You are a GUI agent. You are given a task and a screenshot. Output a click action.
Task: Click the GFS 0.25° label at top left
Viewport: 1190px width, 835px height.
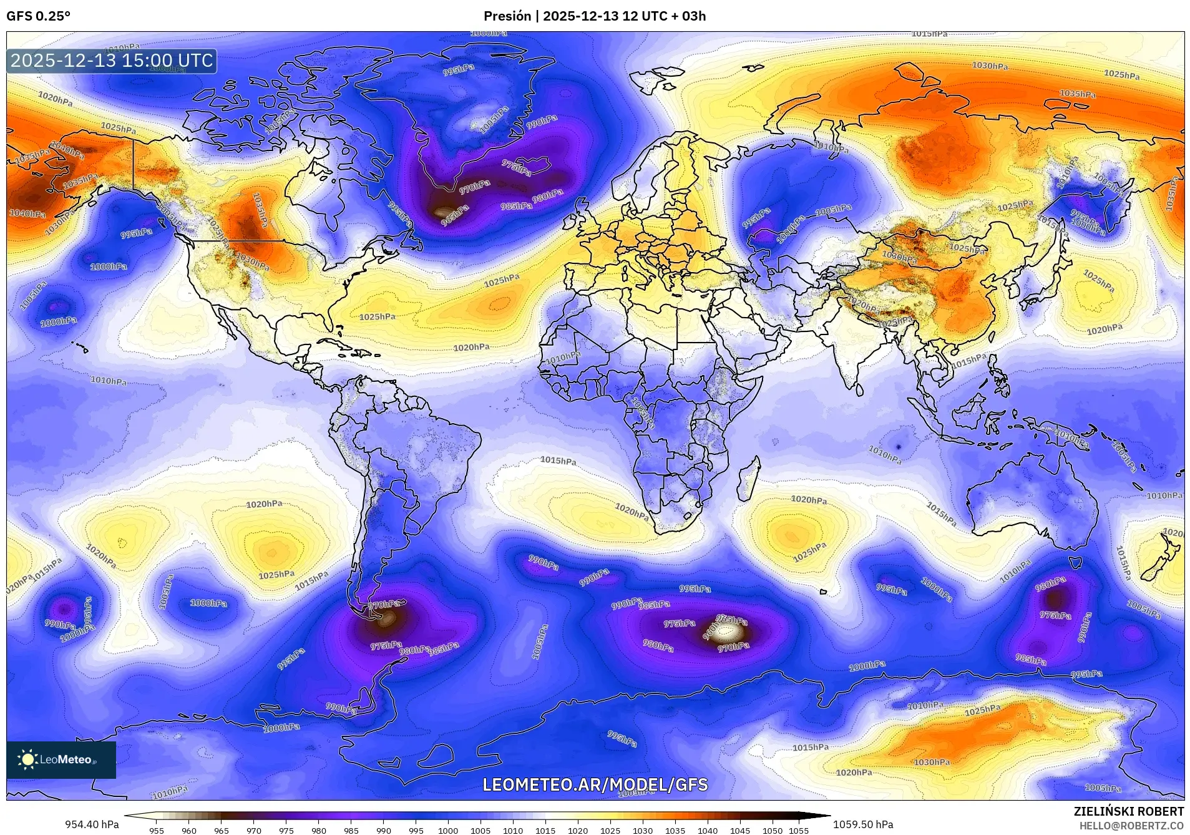[x=38, y=16]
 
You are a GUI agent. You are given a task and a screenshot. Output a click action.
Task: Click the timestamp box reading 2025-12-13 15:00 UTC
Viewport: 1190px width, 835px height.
[x=112, y=61]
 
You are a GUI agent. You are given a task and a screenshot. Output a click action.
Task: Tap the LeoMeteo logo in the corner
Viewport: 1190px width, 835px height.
[x=61, y=759]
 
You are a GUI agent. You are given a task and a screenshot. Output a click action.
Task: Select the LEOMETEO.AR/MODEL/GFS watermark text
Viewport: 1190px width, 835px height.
[x=595, y=784]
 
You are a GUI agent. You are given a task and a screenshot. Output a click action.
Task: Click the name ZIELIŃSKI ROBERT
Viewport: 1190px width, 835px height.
[x=1128, y=811]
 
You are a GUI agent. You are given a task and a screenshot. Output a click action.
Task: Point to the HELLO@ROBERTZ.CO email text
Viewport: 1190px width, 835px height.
[x=1131, y=826]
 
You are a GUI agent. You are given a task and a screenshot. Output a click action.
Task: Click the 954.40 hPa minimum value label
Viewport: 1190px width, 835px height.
[x=92, y=824]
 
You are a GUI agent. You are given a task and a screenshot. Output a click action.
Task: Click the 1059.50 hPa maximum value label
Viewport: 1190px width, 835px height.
[x=863, y=824]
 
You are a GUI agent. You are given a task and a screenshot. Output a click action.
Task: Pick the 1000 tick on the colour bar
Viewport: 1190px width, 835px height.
[x=448, y=831]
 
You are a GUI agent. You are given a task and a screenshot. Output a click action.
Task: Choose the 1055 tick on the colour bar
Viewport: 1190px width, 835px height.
[x=799, y=831]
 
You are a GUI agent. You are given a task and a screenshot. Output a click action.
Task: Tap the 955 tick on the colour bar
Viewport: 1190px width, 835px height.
[x=157, y=831]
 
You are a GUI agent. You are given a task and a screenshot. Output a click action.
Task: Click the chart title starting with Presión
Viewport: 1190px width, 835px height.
[x=595, y=16]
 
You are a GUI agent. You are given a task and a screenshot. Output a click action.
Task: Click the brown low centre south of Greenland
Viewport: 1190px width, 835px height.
[x=444, y=212]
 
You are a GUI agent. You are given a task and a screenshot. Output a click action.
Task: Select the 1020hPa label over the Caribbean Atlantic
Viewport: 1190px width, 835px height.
[x=471, y=348]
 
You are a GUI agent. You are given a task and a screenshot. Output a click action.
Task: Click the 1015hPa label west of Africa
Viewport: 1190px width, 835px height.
[x=558, y=461]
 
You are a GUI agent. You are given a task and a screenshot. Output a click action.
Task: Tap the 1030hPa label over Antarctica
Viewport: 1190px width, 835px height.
[x=932, y=762]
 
